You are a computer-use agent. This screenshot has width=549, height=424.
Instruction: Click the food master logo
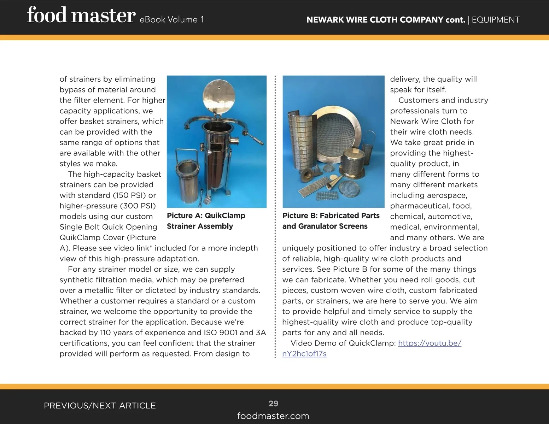pos(81,15)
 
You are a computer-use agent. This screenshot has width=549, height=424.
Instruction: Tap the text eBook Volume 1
pos(172,19)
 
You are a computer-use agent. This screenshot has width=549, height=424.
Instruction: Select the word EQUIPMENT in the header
pos(496,20)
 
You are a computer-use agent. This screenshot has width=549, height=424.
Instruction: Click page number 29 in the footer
pos(273,403)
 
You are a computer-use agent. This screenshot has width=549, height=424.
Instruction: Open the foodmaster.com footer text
pos(273,416)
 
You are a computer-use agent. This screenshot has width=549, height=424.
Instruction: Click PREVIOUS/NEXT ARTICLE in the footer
pos(100,406)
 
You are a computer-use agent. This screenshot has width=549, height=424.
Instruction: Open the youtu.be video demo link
pos(372,348)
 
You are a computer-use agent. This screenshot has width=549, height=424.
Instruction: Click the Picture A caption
pos(206,221)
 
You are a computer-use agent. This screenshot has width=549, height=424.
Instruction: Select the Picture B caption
pos(331,221)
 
